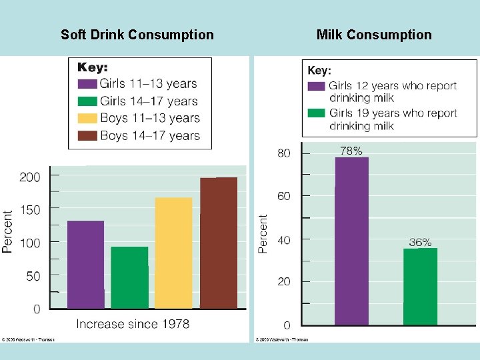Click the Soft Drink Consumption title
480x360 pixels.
(137, 35)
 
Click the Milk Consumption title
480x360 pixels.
(374, 35)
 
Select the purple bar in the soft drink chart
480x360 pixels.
(85, 265)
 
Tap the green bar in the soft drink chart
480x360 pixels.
(129, 277)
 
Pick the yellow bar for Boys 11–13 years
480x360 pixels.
(173, 253)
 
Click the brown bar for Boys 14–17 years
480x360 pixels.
(219, 243)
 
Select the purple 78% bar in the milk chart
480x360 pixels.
(351, 241)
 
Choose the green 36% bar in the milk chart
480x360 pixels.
(420, 286)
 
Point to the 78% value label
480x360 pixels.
(351, 151)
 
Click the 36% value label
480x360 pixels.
(420, 243)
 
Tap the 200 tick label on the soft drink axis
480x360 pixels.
(29, 177)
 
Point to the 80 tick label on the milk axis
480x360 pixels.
(284, 153)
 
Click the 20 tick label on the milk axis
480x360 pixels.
(284, 282)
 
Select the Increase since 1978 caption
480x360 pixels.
(133, 324)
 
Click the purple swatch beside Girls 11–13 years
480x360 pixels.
(87, 84)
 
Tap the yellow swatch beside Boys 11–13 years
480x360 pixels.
(87, 119)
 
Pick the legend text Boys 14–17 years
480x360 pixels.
(150, 136)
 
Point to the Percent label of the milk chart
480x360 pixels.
(263, 233)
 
